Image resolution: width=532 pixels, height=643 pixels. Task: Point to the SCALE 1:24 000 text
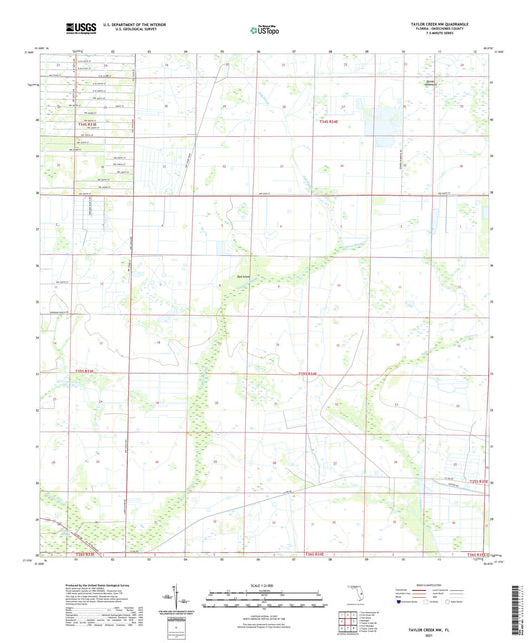tap(265, 585)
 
